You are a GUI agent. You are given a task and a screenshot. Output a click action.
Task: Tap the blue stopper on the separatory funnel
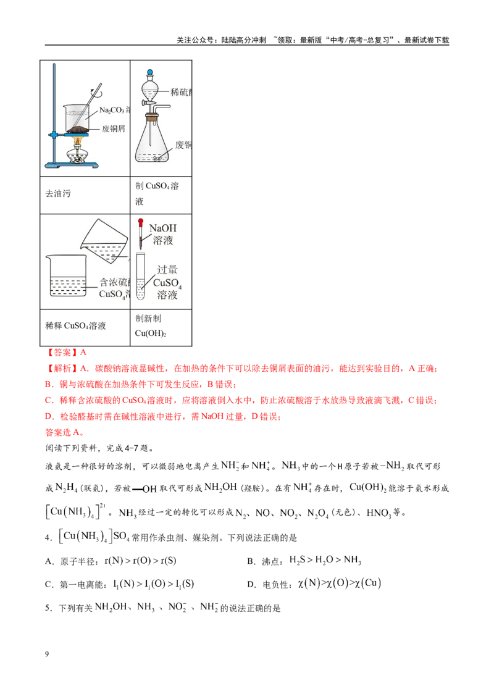click(150, 72)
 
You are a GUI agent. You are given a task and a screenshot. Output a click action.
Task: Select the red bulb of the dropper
click(141, 222)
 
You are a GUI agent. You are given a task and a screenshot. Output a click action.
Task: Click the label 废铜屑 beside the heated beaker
click(114, 129)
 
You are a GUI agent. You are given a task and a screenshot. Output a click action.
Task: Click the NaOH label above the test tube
click(163, 228)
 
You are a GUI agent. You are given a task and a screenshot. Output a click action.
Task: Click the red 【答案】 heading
click(60, 353)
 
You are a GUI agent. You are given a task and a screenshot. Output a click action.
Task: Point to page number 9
click(47, 654)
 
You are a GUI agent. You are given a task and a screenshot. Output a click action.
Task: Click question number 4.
click(49, 538)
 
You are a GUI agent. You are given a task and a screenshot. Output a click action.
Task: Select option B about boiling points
click(304, 561)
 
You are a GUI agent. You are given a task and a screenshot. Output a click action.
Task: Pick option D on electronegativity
click(314, 584)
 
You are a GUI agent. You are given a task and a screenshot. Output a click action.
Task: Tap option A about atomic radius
click(111, 561)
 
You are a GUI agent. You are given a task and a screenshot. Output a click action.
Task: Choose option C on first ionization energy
click(120, 584)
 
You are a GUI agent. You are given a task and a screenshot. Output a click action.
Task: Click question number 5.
click(49, 608)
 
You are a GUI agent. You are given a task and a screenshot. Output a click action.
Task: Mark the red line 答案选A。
click(65, 432)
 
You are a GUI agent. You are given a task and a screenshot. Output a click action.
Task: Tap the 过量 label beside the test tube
click(167, 270)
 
